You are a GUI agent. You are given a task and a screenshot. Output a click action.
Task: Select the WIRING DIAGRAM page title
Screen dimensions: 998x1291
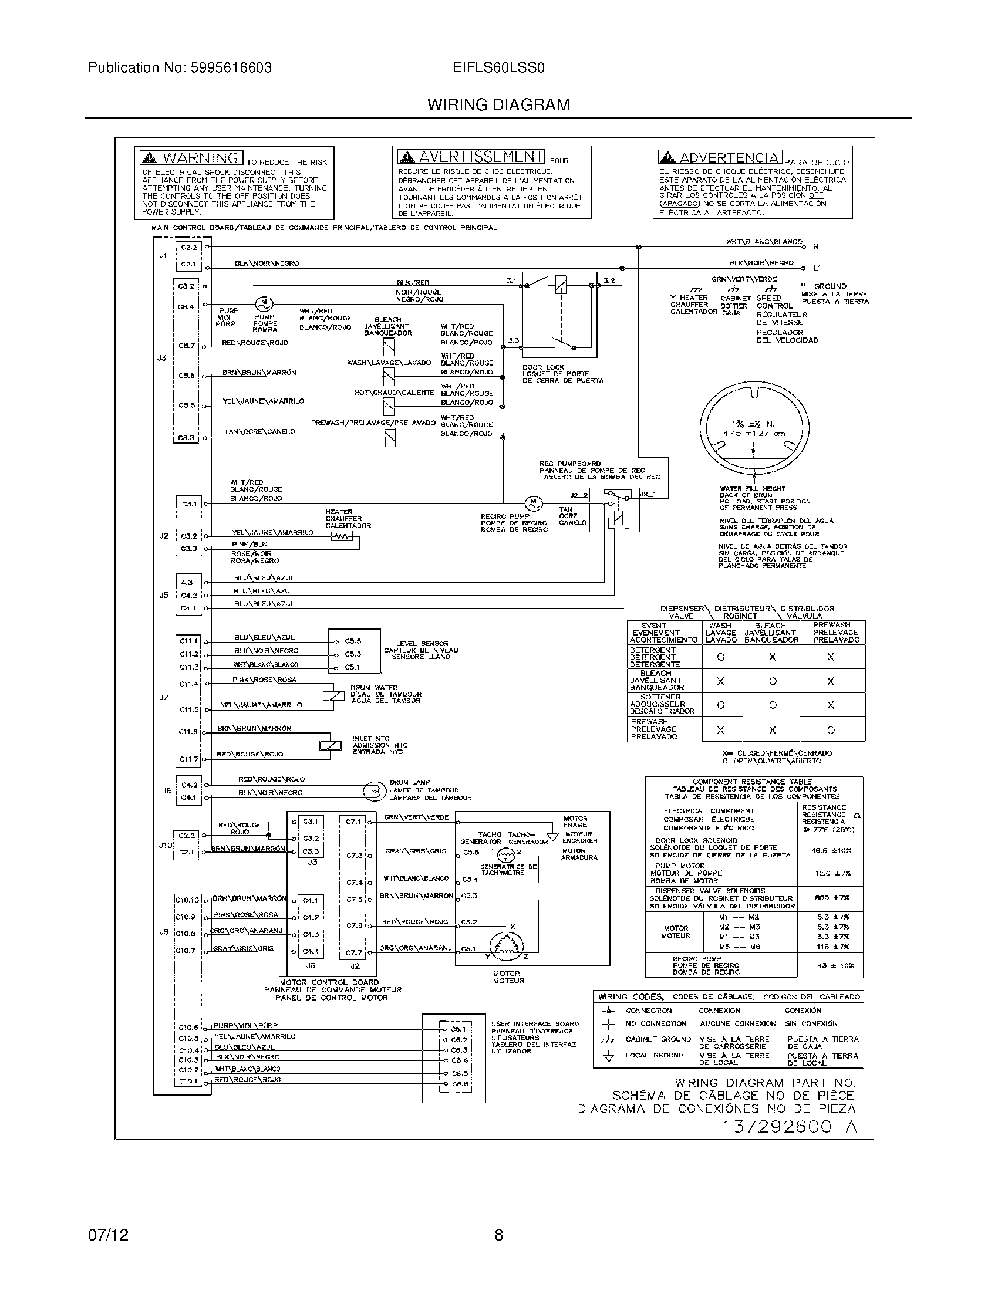click(498, 105)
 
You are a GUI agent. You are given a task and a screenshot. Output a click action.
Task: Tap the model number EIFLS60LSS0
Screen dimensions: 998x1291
click(498, 68)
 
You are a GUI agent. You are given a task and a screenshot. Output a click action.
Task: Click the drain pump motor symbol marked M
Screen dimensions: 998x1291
click(264, 304)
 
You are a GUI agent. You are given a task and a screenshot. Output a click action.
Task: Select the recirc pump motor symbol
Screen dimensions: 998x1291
click(534, 503)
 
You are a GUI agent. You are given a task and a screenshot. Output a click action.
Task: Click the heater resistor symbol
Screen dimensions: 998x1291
click(341, 536)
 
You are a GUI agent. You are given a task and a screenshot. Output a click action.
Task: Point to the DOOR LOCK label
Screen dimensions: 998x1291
click(544, 367)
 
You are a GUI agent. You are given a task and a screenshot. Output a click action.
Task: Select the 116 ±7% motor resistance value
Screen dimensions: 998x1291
click(832, 947)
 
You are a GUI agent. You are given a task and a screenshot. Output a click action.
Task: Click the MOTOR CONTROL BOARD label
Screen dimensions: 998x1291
click(329, 982)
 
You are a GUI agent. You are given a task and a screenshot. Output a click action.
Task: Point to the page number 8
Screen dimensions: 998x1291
click(498, 1235)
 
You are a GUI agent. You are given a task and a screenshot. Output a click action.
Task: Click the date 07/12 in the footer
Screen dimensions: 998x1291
click(108, 1235)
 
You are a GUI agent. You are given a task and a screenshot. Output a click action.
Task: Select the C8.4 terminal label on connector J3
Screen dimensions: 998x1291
click(186, 307)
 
